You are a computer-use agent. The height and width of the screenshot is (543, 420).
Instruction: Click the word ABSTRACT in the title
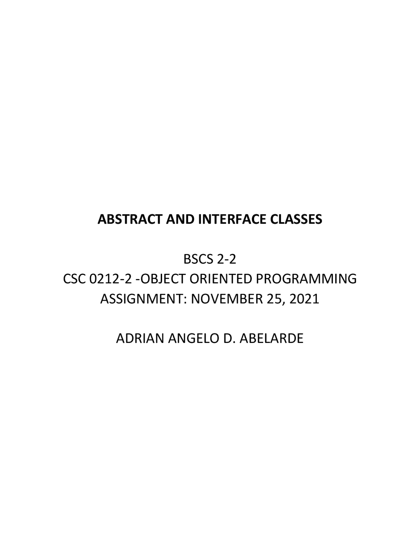[x=130, y=219]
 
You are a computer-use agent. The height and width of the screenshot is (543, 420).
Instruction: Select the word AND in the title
[x=180, y=219]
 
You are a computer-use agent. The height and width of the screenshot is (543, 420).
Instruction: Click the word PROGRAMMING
[x=306, y=279]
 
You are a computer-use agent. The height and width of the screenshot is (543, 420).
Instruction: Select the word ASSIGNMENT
[x=142, y=299]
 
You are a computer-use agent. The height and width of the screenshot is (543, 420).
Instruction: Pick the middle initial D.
[x=229, y=338]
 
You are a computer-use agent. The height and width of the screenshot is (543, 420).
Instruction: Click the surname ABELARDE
[x=272, y=338]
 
